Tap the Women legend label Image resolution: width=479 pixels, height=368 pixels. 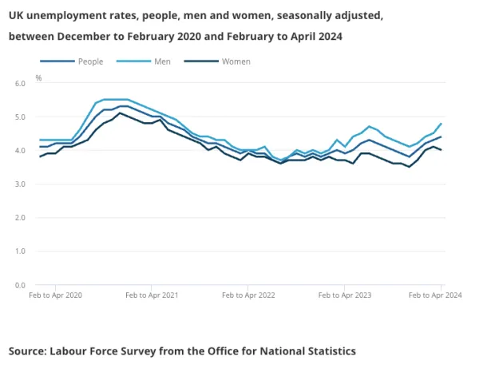236,61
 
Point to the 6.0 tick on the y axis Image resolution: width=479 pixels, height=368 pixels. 20,83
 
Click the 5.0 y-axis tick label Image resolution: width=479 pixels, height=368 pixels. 20,117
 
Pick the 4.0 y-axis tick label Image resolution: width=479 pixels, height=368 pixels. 20,150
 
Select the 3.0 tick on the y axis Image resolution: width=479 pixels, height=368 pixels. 20,184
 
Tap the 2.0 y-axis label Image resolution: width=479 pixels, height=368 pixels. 20,218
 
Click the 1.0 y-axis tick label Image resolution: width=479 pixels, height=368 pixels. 20,251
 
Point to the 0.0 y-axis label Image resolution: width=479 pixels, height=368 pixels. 20,285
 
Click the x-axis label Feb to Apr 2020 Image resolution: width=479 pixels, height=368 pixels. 55,295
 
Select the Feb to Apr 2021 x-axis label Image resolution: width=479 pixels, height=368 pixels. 152,295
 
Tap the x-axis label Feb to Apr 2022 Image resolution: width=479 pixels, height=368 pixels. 248,295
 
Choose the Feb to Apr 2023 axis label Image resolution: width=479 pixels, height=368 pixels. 345,295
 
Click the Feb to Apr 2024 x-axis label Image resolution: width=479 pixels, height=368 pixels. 435,295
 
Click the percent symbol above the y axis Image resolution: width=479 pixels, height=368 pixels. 38,78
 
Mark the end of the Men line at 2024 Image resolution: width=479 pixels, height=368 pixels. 441,124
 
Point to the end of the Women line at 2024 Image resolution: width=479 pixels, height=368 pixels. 441,150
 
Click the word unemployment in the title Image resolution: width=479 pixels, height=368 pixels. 65,15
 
